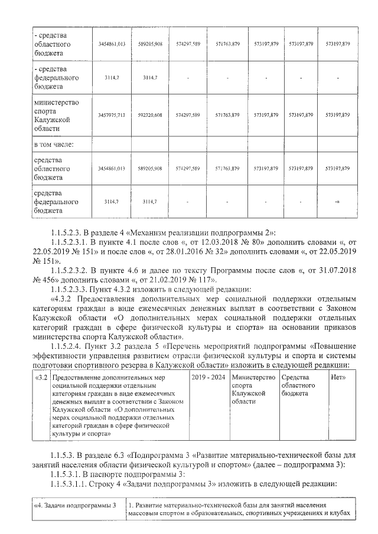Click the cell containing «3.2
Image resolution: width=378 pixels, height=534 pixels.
click(x=41, y=377)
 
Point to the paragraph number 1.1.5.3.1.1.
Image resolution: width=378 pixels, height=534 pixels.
click(x=75, y=484)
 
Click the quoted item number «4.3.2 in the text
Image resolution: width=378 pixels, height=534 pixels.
click(x=67, y=298)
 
